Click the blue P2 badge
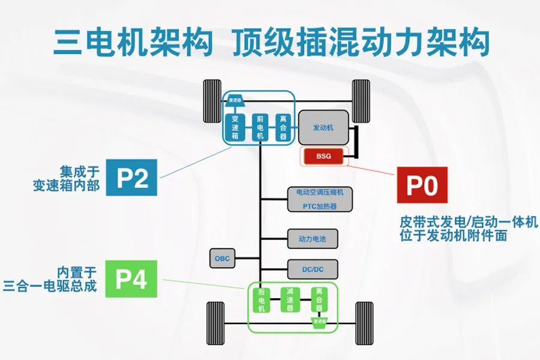[131, 177]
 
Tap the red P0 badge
[422, 185]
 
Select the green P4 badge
[131, 279]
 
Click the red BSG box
[323, 157]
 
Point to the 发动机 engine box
[323, 127]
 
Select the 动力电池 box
[312, 239]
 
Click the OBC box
[223, 259]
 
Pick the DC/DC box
[313, 269]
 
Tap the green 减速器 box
[290, 299]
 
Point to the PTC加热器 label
[320, 206]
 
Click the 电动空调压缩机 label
[320, 193]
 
